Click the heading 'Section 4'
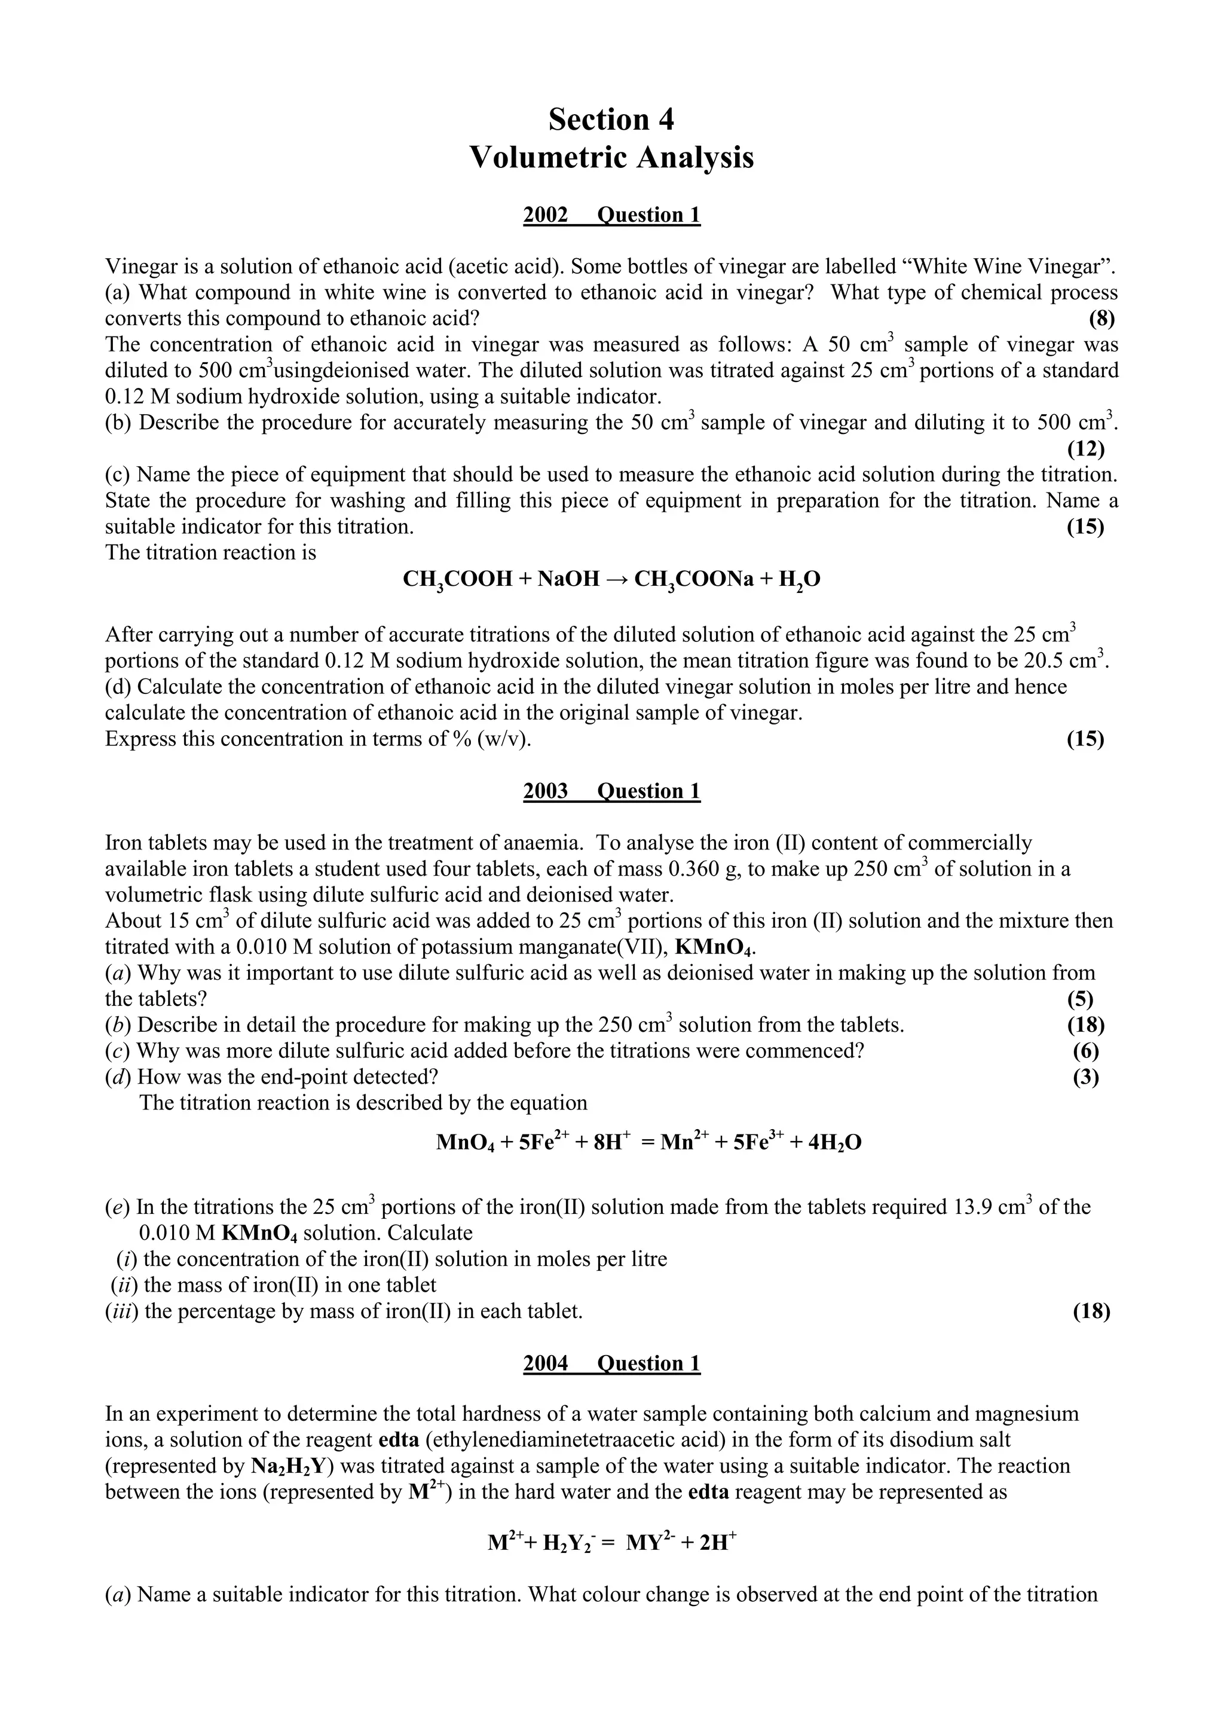[611, 119]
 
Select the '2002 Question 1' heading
[611, 215]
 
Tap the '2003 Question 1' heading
[611, 791]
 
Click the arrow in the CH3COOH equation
[617, 579]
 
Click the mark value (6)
[1085, 1051]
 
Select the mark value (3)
[1085, 1076]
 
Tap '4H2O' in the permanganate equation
[834, 1143]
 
